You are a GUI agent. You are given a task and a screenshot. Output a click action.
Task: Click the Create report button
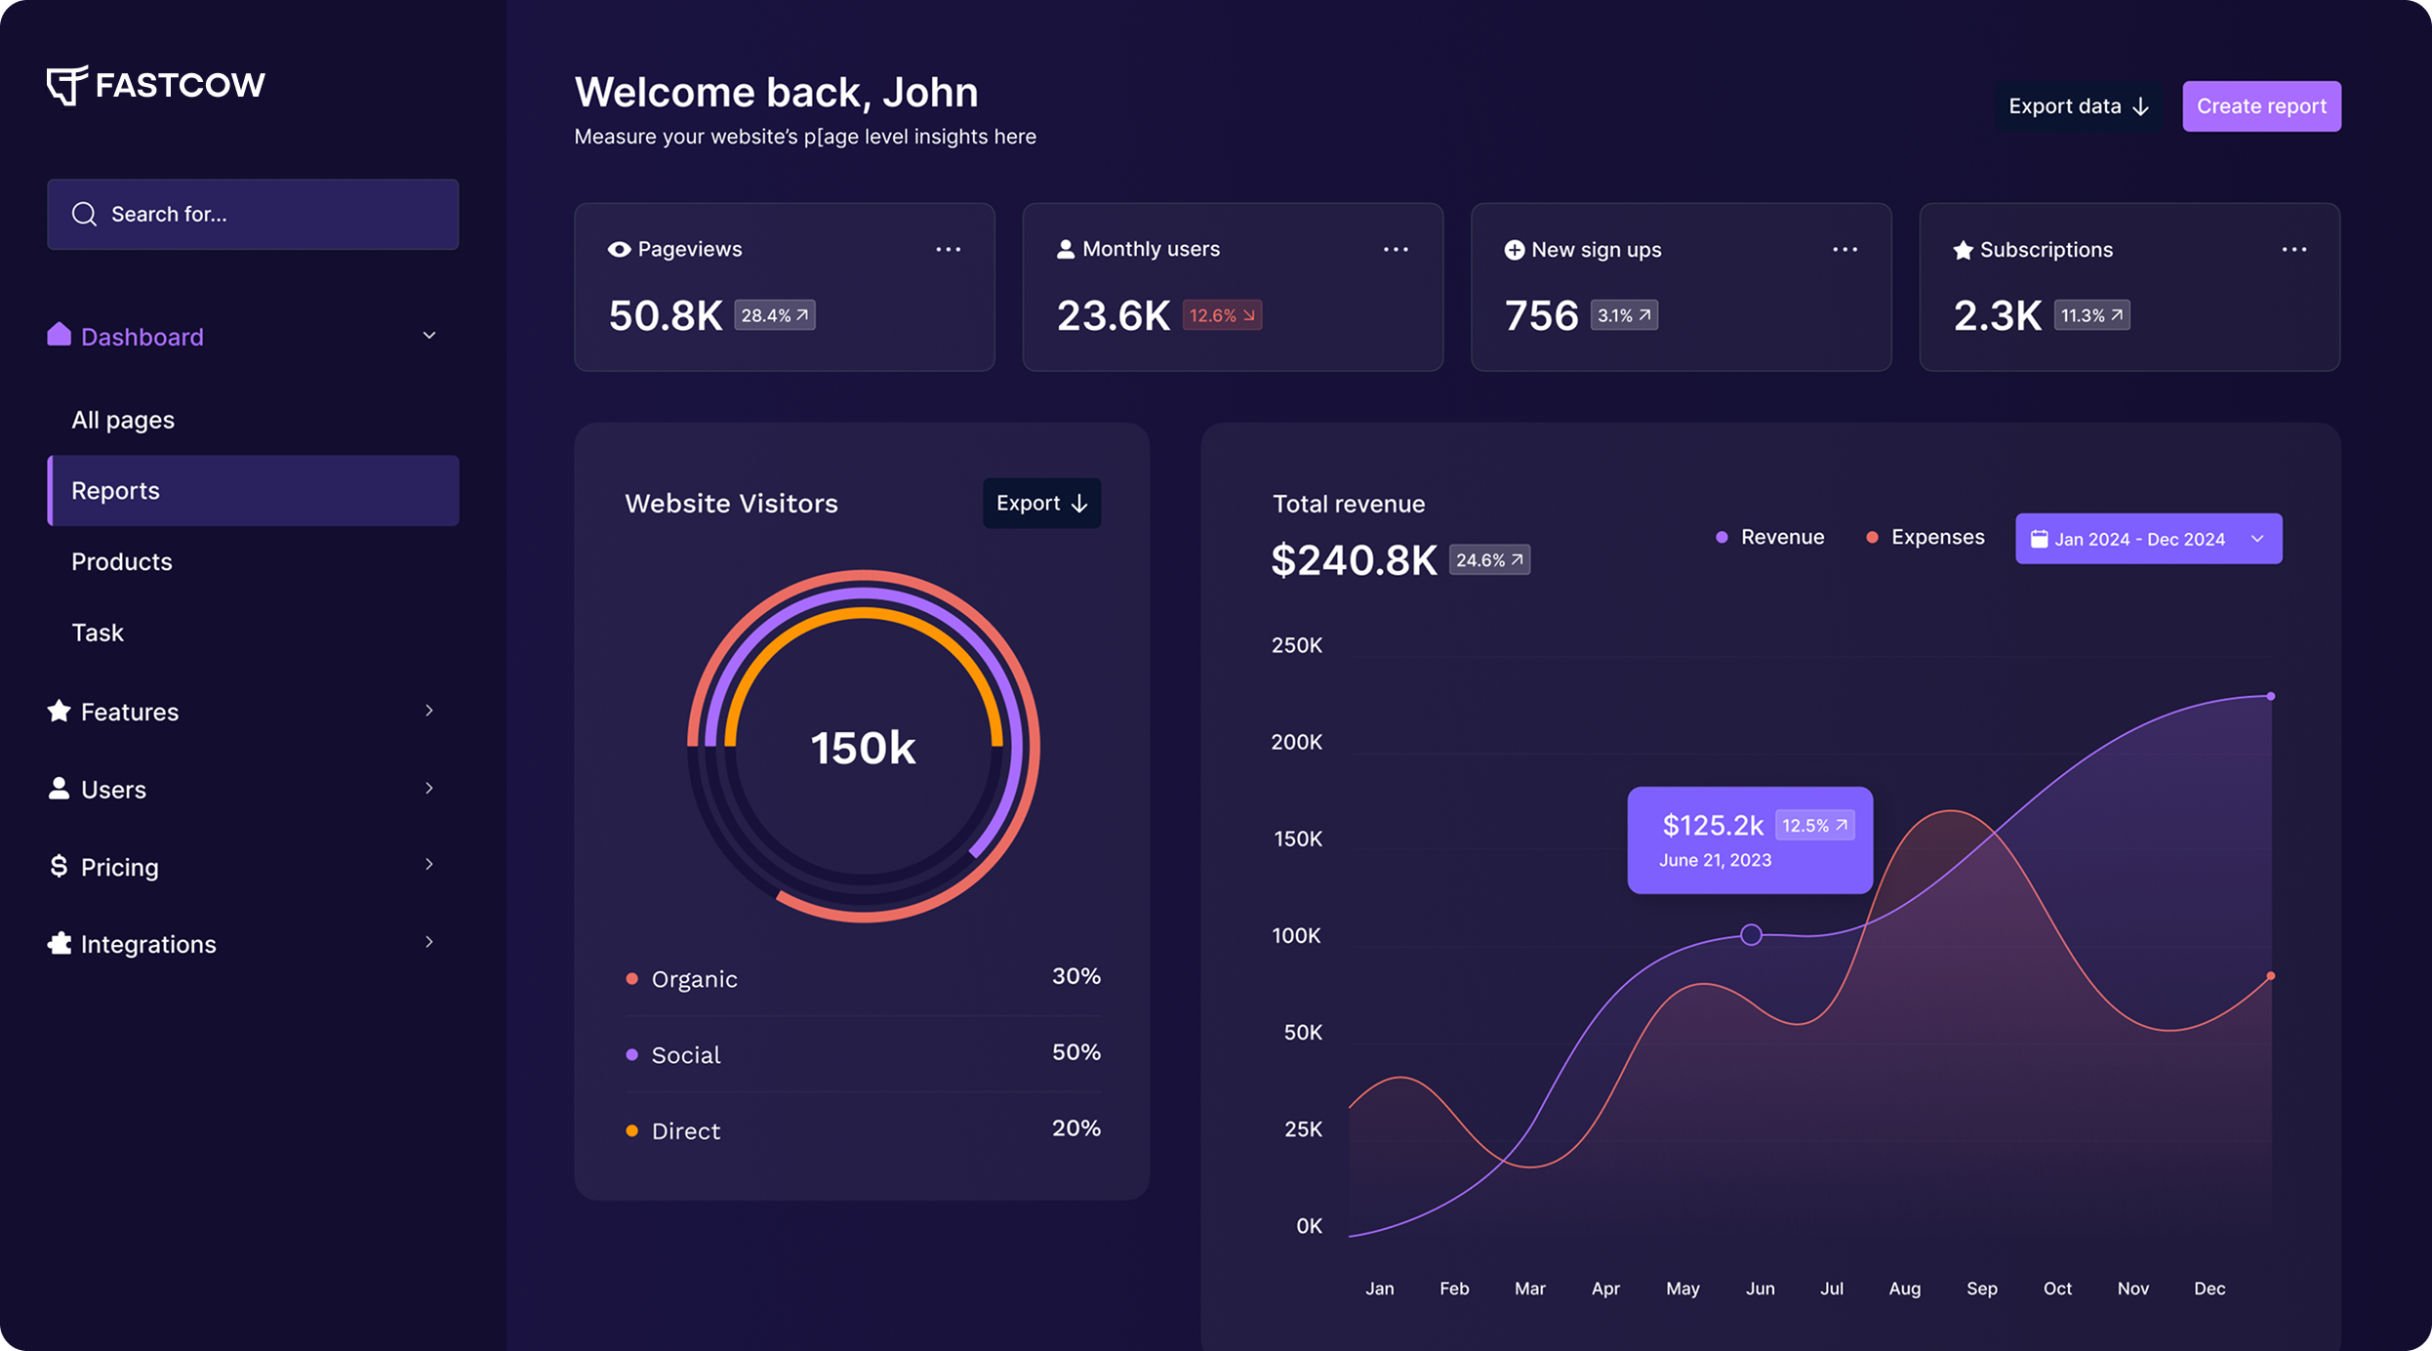pyautogui.click(x=2260, y=106)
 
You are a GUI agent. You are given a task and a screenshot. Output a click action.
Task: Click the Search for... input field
pyautogui.click(x=253, y=214)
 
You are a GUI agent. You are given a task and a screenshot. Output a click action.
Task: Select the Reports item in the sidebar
pyautogui.click(x=253, y=490)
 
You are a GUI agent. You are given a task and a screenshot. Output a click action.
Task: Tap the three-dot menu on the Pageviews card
pyautogui.click(x=948, y=250)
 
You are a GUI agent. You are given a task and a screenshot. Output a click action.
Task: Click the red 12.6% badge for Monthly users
pyautogui.click(x=1221, y=315)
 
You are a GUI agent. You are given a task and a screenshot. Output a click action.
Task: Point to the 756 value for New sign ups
pyautogui.click(x=1540, y=315)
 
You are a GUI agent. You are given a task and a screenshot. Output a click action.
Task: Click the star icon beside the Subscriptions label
pyautogui.click(x=1962, y=250)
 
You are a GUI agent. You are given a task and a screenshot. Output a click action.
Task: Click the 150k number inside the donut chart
pyautogui.click(x=863, y=748)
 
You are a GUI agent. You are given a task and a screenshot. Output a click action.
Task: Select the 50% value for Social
pyautogui.click(x=1075, y=1052)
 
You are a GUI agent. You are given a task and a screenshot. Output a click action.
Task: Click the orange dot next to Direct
pyautogui.click(x=631, y=1130)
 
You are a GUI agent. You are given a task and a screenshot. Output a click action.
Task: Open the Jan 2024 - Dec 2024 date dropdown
pyautogui.click(x=2147, y=539)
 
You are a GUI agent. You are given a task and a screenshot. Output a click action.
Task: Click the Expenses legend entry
pyautogui.click(x=1925, y=537)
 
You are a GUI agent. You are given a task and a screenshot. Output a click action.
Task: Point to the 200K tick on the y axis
pyautogui.click(x=1296, y=742)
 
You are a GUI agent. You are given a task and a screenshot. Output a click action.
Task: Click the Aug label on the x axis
pyautogui.click(x=1904, y=1288)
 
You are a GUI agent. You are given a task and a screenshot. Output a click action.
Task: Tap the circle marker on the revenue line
pyautogui.click(x=1751, y=934)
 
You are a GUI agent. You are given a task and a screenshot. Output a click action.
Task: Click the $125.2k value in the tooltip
pyautogui.click(x=1712, y=825)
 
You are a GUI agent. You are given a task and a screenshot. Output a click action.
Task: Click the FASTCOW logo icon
pyautogui.click(x=66, y=85)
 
